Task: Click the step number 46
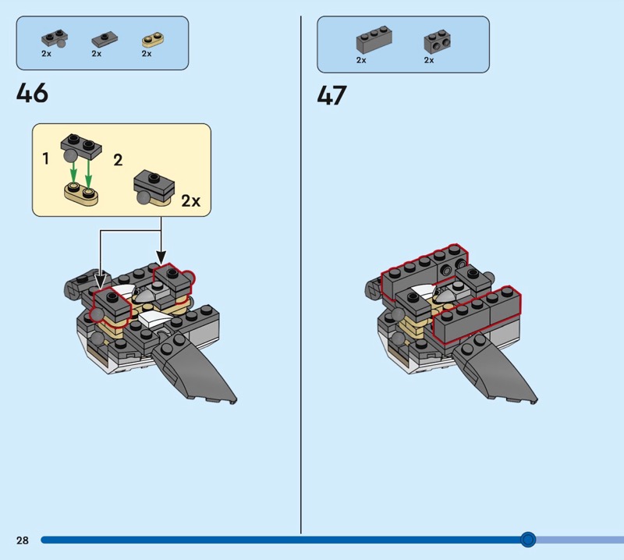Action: tap(32, 93)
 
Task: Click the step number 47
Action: tap(331, 95)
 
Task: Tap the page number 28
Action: tap(23, 540)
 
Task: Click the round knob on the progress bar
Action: tap(528, 539)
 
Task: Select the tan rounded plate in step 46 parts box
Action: tap(153, 40)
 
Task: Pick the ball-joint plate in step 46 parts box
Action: tap(54, 38)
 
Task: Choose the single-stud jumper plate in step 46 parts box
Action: tap(105, 40)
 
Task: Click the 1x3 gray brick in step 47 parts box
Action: tap(374, 40)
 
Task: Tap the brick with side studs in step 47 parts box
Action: tap(438, 41)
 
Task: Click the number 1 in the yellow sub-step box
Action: tap(46, 158)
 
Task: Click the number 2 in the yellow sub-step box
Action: tap(118, 160)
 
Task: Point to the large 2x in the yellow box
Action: tap(190, 200)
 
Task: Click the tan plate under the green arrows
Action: tap(81, 194)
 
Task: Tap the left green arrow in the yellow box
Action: tap(73, 171)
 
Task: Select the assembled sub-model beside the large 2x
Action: tap(154, 188)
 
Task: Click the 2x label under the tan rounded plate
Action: tap(147, 53)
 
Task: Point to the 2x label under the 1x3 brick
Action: tap(361, 60)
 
